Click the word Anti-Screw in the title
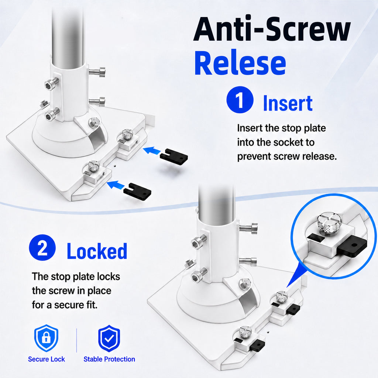pyautogui.click(x=272, y=30)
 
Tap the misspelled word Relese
pyautogui.click(x=240, y=63)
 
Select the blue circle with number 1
pyautogui.click(x=240, y=100)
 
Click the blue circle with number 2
pyautogui.click(x=42, y=248)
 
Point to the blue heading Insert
pyautogui.click(x=288, y=103)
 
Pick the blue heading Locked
pyautogui.click(x=97, y=251)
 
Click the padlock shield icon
pyautogui.click(x=46, y=338)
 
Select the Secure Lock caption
pyautogui.click(x=46, y=359)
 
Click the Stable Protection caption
pyautogui.click(x=109, y=359)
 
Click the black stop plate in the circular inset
pyautogui.click(x=351, y=247)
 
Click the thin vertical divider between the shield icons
pyautogui.click(x=77, y=340)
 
